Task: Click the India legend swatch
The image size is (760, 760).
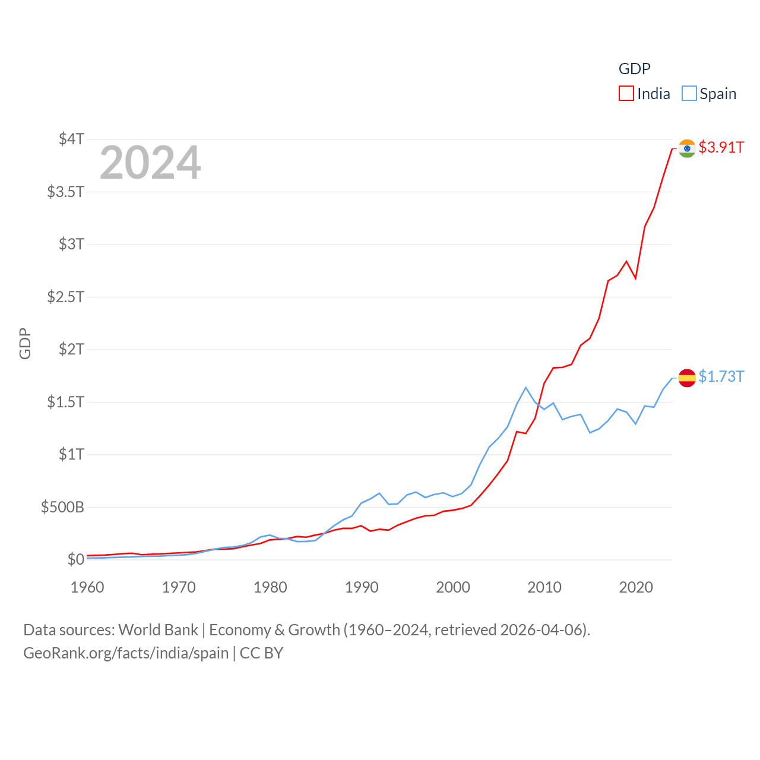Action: click(x=626, y=94)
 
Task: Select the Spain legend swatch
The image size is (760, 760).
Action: click(x=689, y=94)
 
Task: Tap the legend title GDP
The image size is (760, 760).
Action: click(x=634, y=69)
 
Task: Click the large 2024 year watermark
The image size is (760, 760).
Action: click(x=150, y=163)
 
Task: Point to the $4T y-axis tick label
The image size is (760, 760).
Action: click(x=71, y=139)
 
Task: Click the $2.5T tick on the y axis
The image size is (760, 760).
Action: click(x=65, y=296)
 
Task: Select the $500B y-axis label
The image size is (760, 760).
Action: click(x=62, y=507)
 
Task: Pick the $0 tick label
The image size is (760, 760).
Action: click(x=75, y=559)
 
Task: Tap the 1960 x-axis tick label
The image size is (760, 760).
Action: click(x=87, y=587)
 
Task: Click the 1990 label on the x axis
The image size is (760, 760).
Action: click(x=362, y=587)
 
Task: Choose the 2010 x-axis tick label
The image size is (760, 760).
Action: click(x=544, y=587)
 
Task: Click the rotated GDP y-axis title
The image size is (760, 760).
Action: click(x=25, y=343)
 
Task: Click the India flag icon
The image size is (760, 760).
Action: click(x=687, y=148)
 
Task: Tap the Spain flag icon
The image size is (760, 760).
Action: click(x=687, y=378)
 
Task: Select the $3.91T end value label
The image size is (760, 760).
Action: click(x=721, y=147)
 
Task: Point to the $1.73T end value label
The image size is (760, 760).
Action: click(x=721, y=376)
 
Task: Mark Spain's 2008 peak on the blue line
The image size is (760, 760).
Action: click(x=526, y=388)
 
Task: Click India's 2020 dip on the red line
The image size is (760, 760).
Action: click(x=636, y=278)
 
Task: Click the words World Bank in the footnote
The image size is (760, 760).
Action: click(x=158, y=630)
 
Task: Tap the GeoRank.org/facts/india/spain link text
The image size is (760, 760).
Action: click(x=126, y=653)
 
